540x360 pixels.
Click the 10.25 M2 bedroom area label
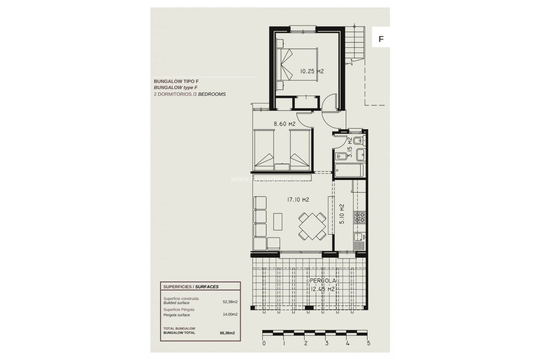[x=312, y=71]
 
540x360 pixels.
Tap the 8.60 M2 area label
[x=285, y=124]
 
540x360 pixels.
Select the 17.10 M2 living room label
[x=298, y=200]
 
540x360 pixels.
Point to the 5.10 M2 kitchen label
[x=342, y=214]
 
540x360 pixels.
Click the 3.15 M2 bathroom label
[x=350, y=147]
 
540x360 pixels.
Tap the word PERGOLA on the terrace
[x=323, y=281]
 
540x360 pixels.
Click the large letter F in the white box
[x=381, y=39]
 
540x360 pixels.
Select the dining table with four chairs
[x=312, y=226]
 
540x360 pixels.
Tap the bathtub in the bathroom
[x=349, y=170]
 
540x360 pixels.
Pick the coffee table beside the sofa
[x=278, y=222]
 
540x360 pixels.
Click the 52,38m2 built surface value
[x=230, y=302]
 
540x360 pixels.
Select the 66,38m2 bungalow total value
[x=227, y=333]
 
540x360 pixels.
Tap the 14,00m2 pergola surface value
[x=230, y=314]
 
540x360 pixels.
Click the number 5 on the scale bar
[x=368, y=343]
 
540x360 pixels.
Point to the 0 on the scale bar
[x=264, y=343]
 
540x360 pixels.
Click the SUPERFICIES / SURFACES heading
[x=191, y=287]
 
